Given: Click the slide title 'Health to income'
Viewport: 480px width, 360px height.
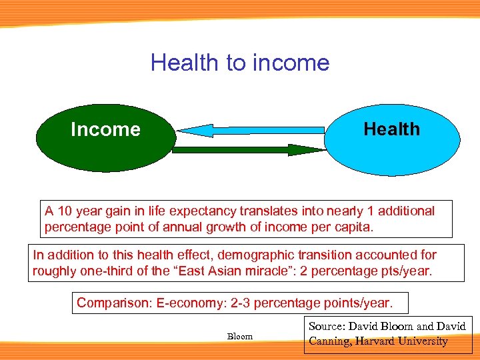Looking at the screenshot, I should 240,63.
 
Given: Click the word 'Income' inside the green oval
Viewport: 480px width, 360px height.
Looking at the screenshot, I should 105,129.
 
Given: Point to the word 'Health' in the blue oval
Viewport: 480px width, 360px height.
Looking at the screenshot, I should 391,129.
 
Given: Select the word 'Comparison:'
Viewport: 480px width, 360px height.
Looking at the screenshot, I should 114,303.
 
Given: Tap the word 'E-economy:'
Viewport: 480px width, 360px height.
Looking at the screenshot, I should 190,303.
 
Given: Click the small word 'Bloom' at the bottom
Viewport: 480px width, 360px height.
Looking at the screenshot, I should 240,337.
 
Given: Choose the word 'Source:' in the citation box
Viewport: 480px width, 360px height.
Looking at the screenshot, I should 329,327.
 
